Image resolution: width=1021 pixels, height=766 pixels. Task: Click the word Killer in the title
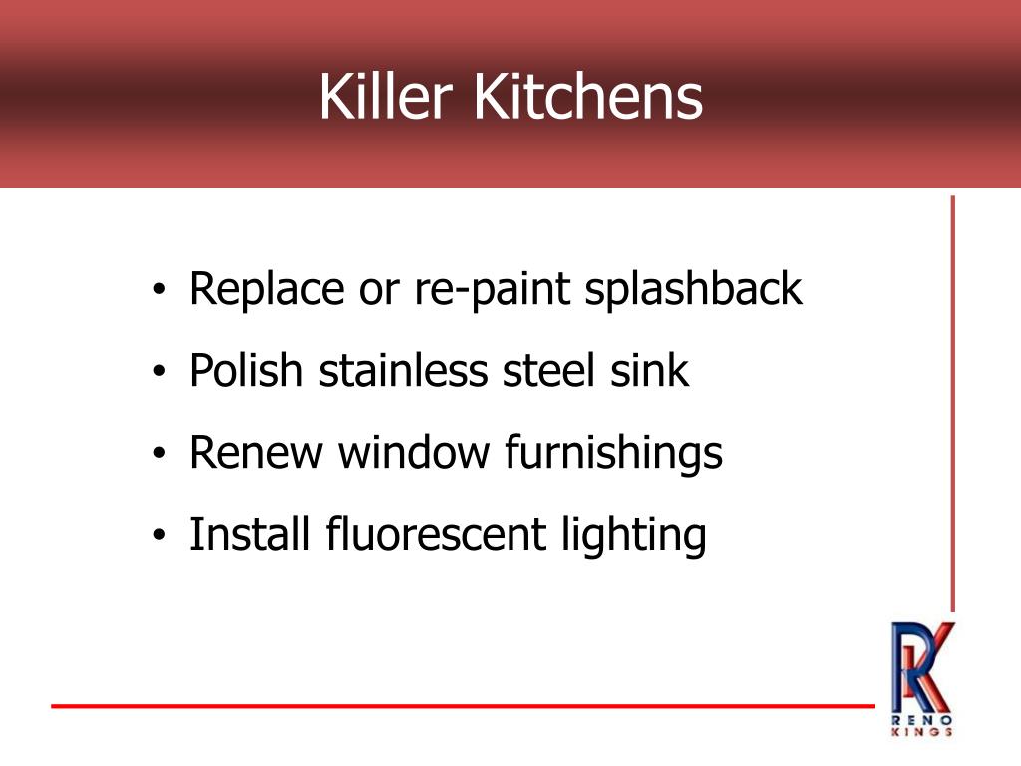tap(387, 98)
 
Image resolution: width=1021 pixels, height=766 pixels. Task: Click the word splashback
tap(693, 289)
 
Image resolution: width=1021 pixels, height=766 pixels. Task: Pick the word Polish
tap(245, 371)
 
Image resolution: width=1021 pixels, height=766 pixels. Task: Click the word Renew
tap(256, 453)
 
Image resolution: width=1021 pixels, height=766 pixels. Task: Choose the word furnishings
tap(613, 455)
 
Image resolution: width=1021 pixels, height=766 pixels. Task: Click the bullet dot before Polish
tap(161, 374)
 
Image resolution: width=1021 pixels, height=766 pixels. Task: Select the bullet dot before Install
tap(161, 538)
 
